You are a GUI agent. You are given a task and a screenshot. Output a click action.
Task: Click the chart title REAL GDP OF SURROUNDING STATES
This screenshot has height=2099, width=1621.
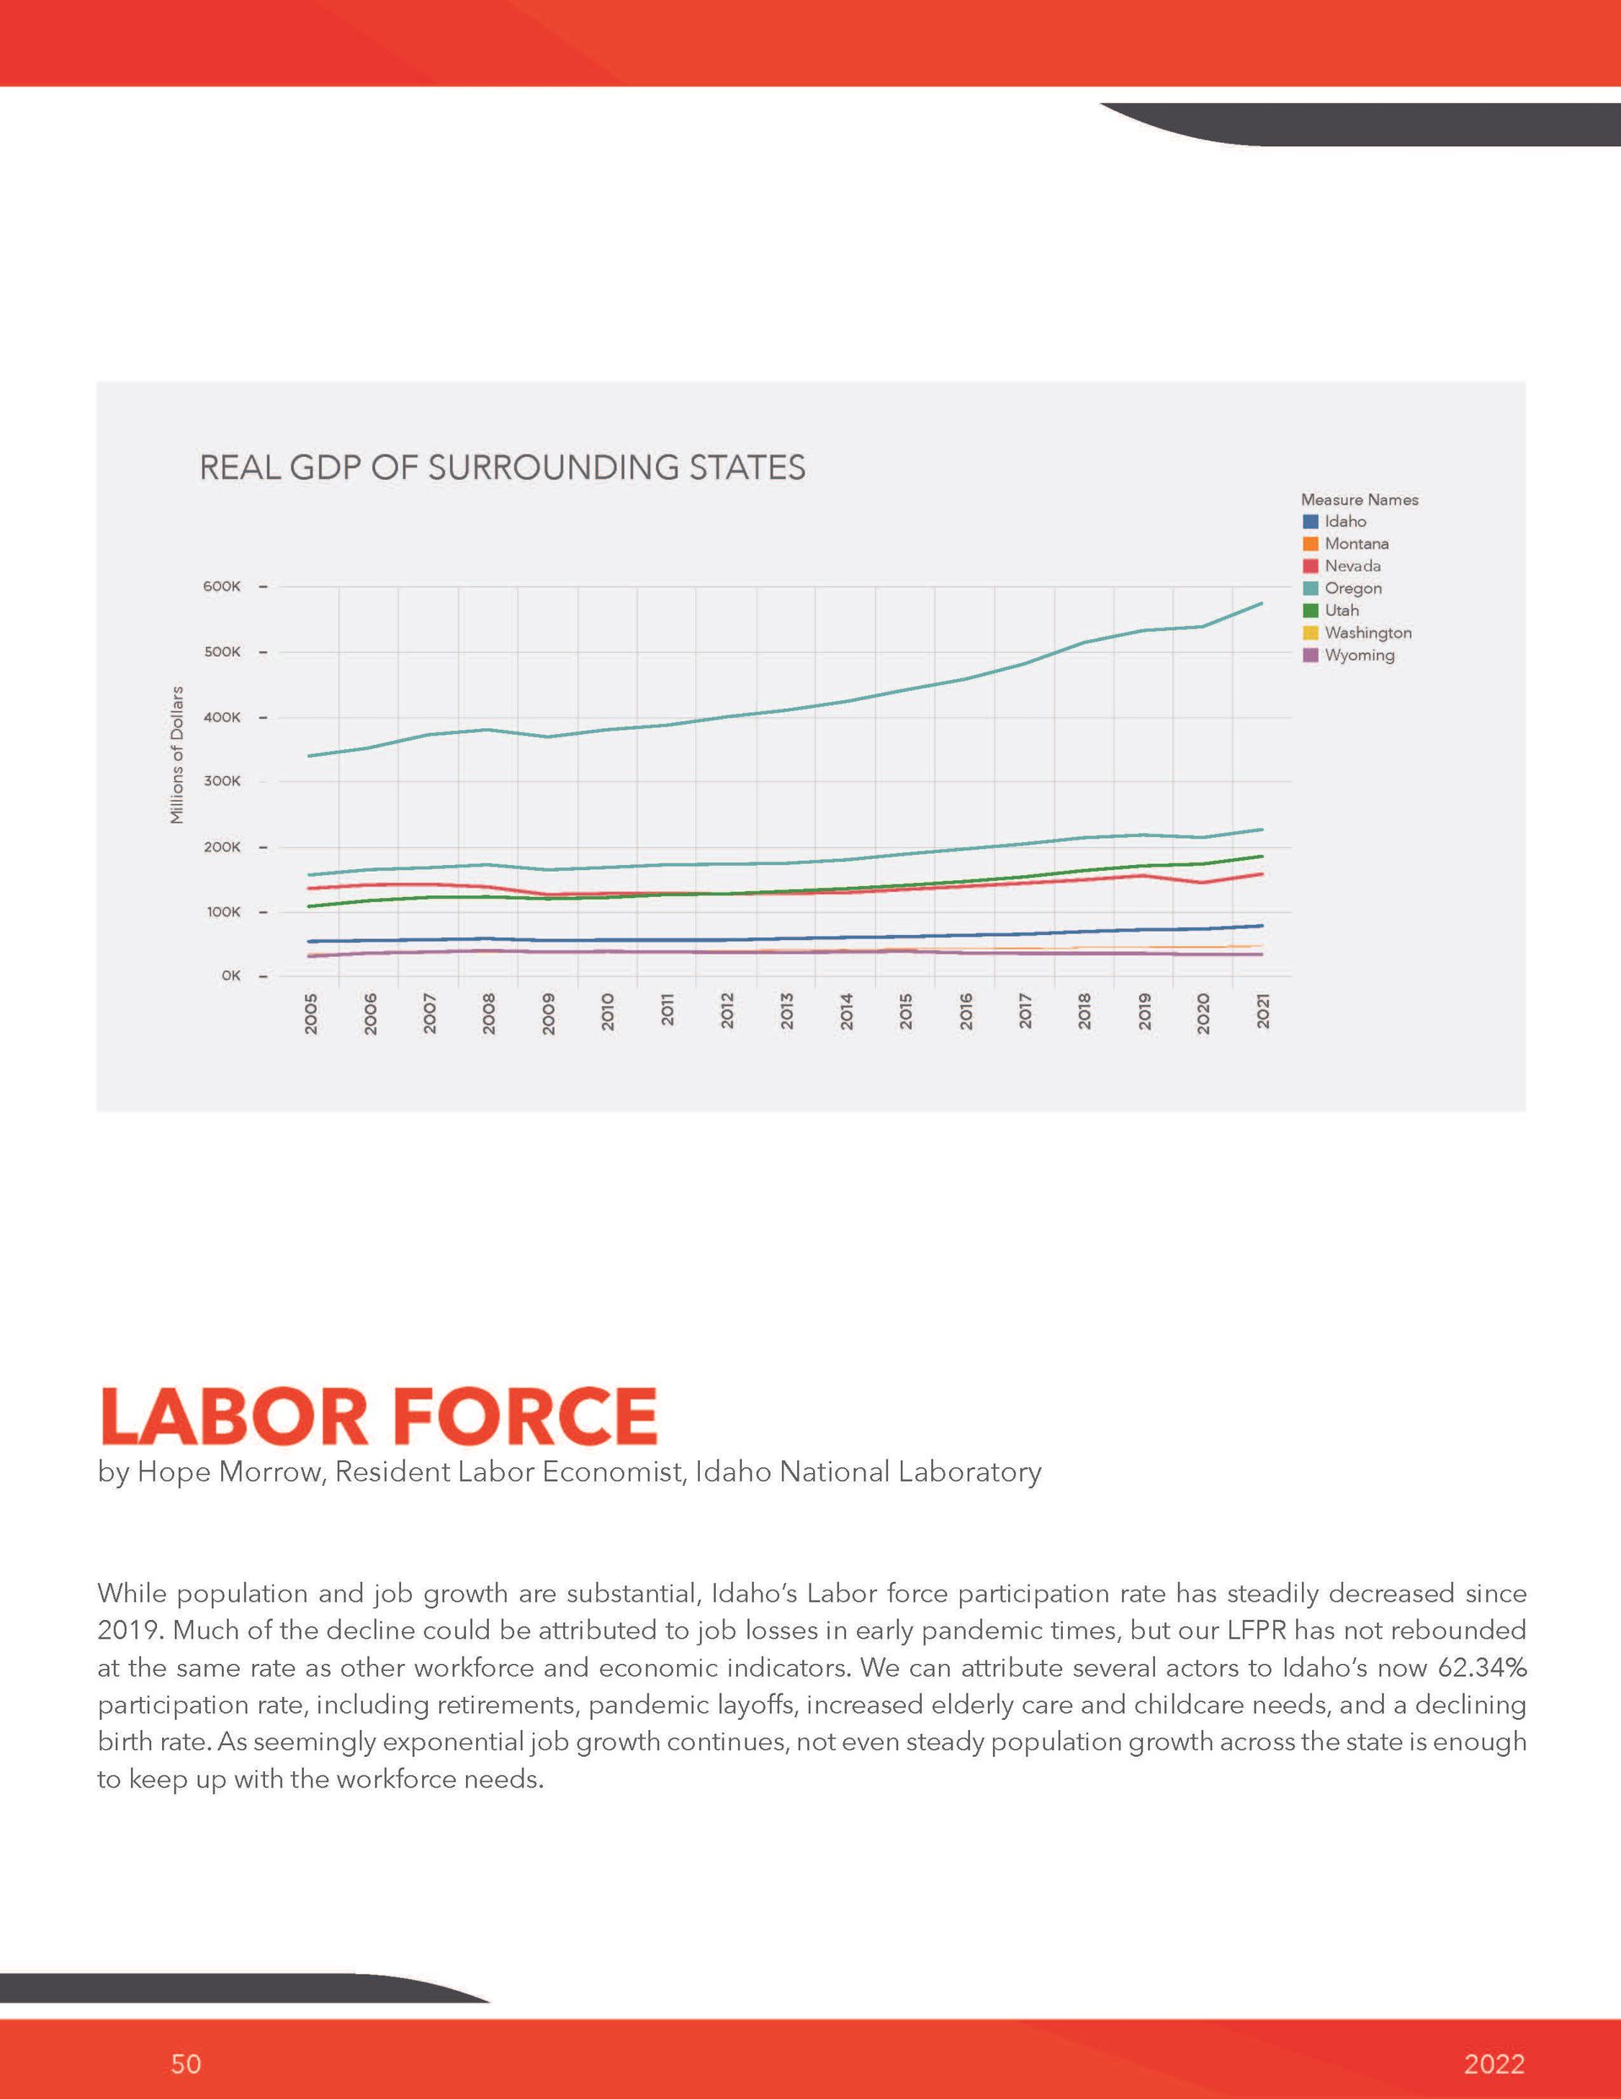pos(501,468)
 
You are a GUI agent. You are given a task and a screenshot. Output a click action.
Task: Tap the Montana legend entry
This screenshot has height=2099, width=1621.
pos(1345,544)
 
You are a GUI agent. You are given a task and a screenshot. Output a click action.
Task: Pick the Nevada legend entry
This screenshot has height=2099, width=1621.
pos(1342,566)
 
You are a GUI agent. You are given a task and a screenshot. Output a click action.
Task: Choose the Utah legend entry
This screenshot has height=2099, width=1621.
pos(1331,611)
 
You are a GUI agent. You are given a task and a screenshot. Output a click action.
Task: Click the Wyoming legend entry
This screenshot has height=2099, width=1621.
pos(1348,655)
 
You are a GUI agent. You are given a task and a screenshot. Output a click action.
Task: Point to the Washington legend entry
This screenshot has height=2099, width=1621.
pos(1357,634)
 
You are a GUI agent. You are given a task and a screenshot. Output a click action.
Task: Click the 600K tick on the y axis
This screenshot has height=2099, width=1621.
pos(222,586)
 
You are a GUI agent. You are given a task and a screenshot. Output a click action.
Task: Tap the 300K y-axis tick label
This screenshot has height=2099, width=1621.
pos(222,781)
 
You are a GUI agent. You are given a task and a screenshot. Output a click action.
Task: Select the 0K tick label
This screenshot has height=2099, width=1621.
pos(230,976)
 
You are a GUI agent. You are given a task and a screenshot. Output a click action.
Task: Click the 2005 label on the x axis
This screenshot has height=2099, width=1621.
pos(312,1014)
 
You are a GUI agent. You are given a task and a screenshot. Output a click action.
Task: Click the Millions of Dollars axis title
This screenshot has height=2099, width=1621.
pos(176,754)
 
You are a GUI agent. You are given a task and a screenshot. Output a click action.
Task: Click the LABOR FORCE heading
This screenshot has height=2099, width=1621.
pos(377,1417)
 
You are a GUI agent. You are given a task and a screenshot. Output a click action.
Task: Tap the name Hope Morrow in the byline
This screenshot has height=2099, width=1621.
pos(229,1472)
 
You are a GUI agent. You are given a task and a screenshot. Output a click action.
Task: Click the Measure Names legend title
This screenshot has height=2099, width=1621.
pos(1359,500)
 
